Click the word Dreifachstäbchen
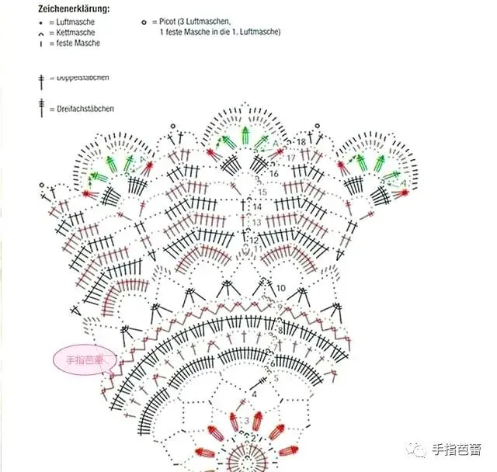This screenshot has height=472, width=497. point(85,109)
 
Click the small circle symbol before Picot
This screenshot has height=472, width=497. point(144,23)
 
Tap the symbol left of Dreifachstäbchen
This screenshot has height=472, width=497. point(41,109)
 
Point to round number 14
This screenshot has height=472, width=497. point(257,207)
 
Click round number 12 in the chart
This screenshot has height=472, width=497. point(253,241)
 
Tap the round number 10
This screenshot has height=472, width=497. point(280,288)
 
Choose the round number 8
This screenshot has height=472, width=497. point(280,331)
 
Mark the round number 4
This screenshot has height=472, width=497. point(253,394)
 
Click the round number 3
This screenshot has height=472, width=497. point(247,420)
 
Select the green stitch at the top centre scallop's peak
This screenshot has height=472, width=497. point(245,133)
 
